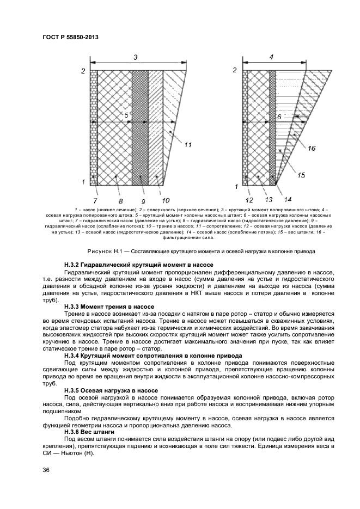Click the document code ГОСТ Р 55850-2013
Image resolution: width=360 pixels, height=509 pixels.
point(70,38)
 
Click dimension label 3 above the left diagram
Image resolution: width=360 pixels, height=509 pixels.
point(136,57)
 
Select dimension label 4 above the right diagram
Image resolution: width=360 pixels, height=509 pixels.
point(271,57)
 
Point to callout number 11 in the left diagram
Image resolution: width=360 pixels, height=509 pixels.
point(188,145)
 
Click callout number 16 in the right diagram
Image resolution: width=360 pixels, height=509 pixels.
point(312,149)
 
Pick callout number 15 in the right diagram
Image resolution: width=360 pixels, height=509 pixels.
point(301,175)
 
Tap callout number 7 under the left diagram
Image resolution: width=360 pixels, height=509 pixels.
point(96,201)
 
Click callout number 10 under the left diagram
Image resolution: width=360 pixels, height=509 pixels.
point(166,201)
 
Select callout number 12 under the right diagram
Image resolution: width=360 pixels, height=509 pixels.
point(249,200)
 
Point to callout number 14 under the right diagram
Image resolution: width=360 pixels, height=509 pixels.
point(288,200)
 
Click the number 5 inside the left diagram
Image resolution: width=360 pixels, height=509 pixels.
point(126,115)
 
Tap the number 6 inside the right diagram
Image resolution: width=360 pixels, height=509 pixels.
point(279,117)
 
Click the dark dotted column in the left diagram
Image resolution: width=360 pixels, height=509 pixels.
point(140,127)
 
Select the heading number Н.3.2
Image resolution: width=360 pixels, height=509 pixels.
point(71,265)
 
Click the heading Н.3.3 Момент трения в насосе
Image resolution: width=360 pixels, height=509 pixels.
point(109,307)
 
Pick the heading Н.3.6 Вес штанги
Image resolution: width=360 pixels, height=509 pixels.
point(89,432)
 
